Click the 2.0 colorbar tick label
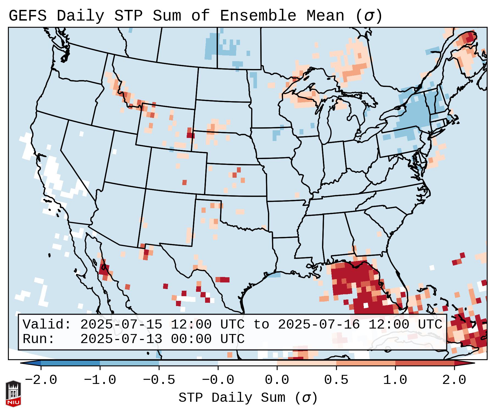(454, 380)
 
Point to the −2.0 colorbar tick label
(41, 380)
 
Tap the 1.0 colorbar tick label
(395, 380)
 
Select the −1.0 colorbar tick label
(100, 380)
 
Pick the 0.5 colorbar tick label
(336, 380)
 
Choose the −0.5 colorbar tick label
(159, 380)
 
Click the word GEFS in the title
(27, 16)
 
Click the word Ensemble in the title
(258, 16)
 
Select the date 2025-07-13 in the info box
(121, 339)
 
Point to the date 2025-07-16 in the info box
(319, 324)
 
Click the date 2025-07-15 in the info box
(121, 324)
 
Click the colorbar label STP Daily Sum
(232, 398)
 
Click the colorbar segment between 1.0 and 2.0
(425, 363)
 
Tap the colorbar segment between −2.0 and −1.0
(70, 363)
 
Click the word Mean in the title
(325, 16)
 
